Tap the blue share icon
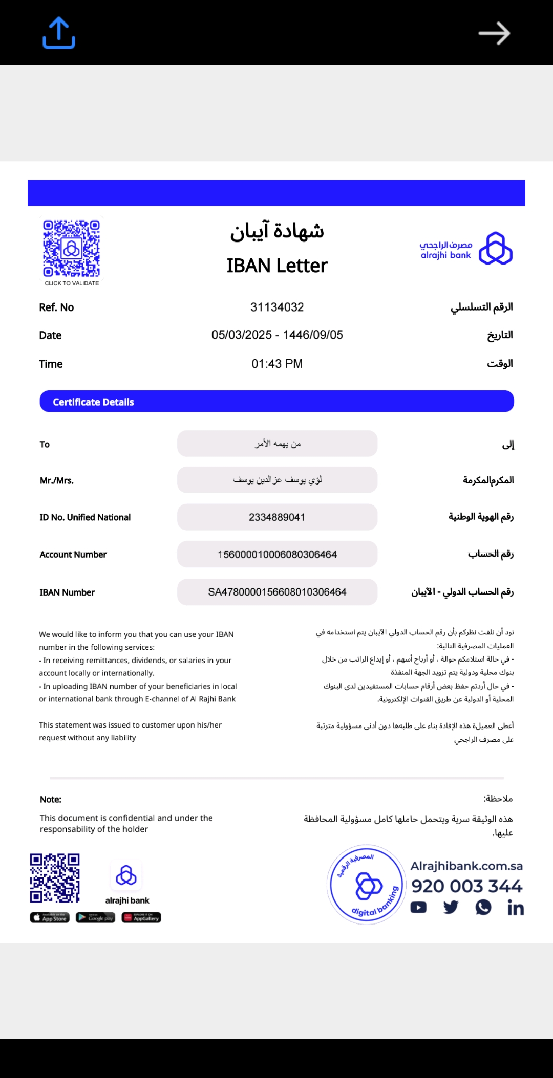(x=59, y=33)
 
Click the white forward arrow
(x=494, y=34)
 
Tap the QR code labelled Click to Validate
(x=71, y=249)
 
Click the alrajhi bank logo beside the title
(x=466, y=249)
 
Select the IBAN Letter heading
(x=277, y=266)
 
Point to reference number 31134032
(x=277, y=307)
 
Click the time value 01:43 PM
(x=277, y=364)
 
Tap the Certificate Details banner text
(x=93, y=402)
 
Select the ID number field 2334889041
(x=277, y=517)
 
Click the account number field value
(x=277, y=555)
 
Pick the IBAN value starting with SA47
(x=277, y=592)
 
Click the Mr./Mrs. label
(x=57, y=481)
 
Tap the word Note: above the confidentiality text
(x=51, y=799)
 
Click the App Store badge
(x=50, y=917)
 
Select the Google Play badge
(x=96, y=917)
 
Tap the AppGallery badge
(x=141, y=917)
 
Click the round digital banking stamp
(x=367, y=884)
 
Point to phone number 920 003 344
(x=466, y=886)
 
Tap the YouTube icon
(x=418, y=908)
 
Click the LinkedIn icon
(x=515, y=908)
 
